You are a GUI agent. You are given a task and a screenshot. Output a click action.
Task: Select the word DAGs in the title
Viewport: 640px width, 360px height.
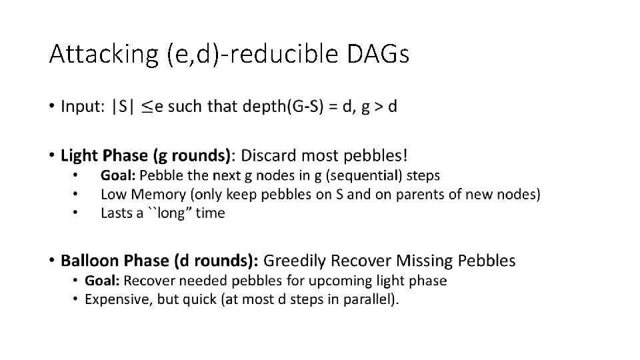pos(378,53)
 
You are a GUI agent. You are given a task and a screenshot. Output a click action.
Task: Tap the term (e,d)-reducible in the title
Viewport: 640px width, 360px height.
pos(251,53)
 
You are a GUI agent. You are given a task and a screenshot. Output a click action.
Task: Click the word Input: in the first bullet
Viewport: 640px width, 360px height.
pos(83,107)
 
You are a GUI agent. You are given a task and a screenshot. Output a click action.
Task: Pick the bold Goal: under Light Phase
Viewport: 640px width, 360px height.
pos(118,175)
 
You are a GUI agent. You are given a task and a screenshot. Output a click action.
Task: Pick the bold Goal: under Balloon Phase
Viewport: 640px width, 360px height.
pos(103,281)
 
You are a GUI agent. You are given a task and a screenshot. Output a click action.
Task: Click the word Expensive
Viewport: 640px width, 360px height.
pos(116,299)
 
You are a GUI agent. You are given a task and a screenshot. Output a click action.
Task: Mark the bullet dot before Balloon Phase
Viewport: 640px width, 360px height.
pos(53,261)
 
